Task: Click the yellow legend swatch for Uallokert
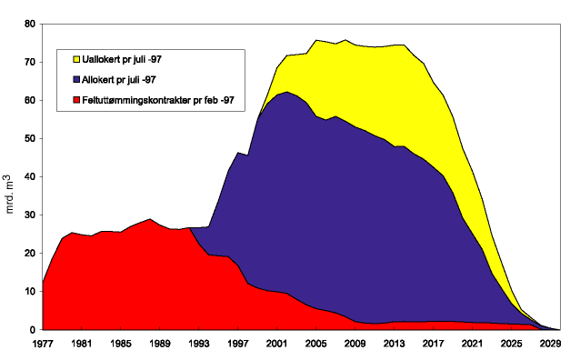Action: point(67,60)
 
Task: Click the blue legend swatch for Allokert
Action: point(67,80)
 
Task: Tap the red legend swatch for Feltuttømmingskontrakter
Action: point(67,100)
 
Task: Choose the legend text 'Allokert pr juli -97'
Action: point(118,80)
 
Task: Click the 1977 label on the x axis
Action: point(43,345)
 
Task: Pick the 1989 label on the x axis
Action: point(162,345)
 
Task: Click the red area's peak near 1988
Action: point(151,220)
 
